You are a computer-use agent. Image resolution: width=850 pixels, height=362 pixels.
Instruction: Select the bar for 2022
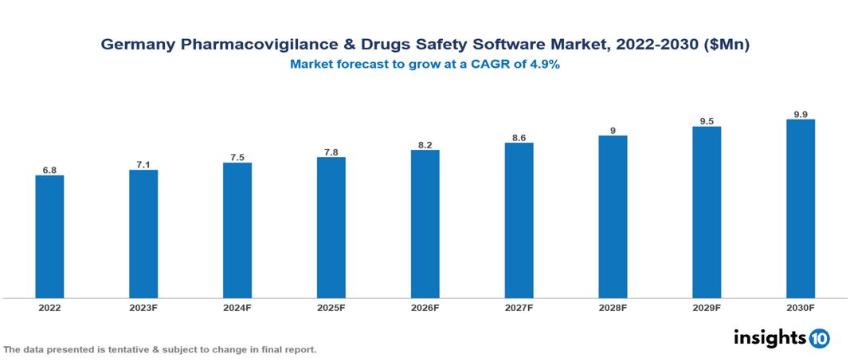[x=49, y=237]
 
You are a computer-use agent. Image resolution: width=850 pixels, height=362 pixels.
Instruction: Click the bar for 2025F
[x=331, y=227]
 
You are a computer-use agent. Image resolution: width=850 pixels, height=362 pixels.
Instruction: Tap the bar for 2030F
[x=801, y=209]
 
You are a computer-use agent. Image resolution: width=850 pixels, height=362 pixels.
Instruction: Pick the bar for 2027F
[x=519, y=220]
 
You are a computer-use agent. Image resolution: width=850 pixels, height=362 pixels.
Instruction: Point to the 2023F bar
[x=143, y=234]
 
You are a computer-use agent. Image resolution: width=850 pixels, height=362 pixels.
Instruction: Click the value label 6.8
[x=49, y=170]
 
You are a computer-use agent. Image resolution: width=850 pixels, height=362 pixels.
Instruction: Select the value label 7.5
[x=237, y=157]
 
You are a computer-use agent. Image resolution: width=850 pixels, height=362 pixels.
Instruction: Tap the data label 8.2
[x=425, y=144]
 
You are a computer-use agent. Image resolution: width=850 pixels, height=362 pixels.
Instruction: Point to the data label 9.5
[x=707, y=121]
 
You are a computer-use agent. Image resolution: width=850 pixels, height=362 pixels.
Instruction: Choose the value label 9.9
[x=801, y=114]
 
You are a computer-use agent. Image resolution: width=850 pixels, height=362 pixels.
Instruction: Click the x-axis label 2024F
[x=237, y=307]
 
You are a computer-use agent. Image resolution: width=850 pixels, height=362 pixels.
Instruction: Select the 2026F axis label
[x=425, y=307]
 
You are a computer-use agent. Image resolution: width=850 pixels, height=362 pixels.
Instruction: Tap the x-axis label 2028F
[x=613, y=307]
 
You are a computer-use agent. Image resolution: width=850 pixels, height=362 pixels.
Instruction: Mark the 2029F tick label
[x=707, y=307]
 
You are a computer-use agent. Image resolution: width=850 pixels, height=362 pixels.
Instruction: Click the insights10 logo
[x=781, y=337]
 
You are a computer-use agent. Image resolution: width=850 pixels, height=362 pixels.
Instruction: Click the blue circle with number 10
[x=819, y=338]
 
